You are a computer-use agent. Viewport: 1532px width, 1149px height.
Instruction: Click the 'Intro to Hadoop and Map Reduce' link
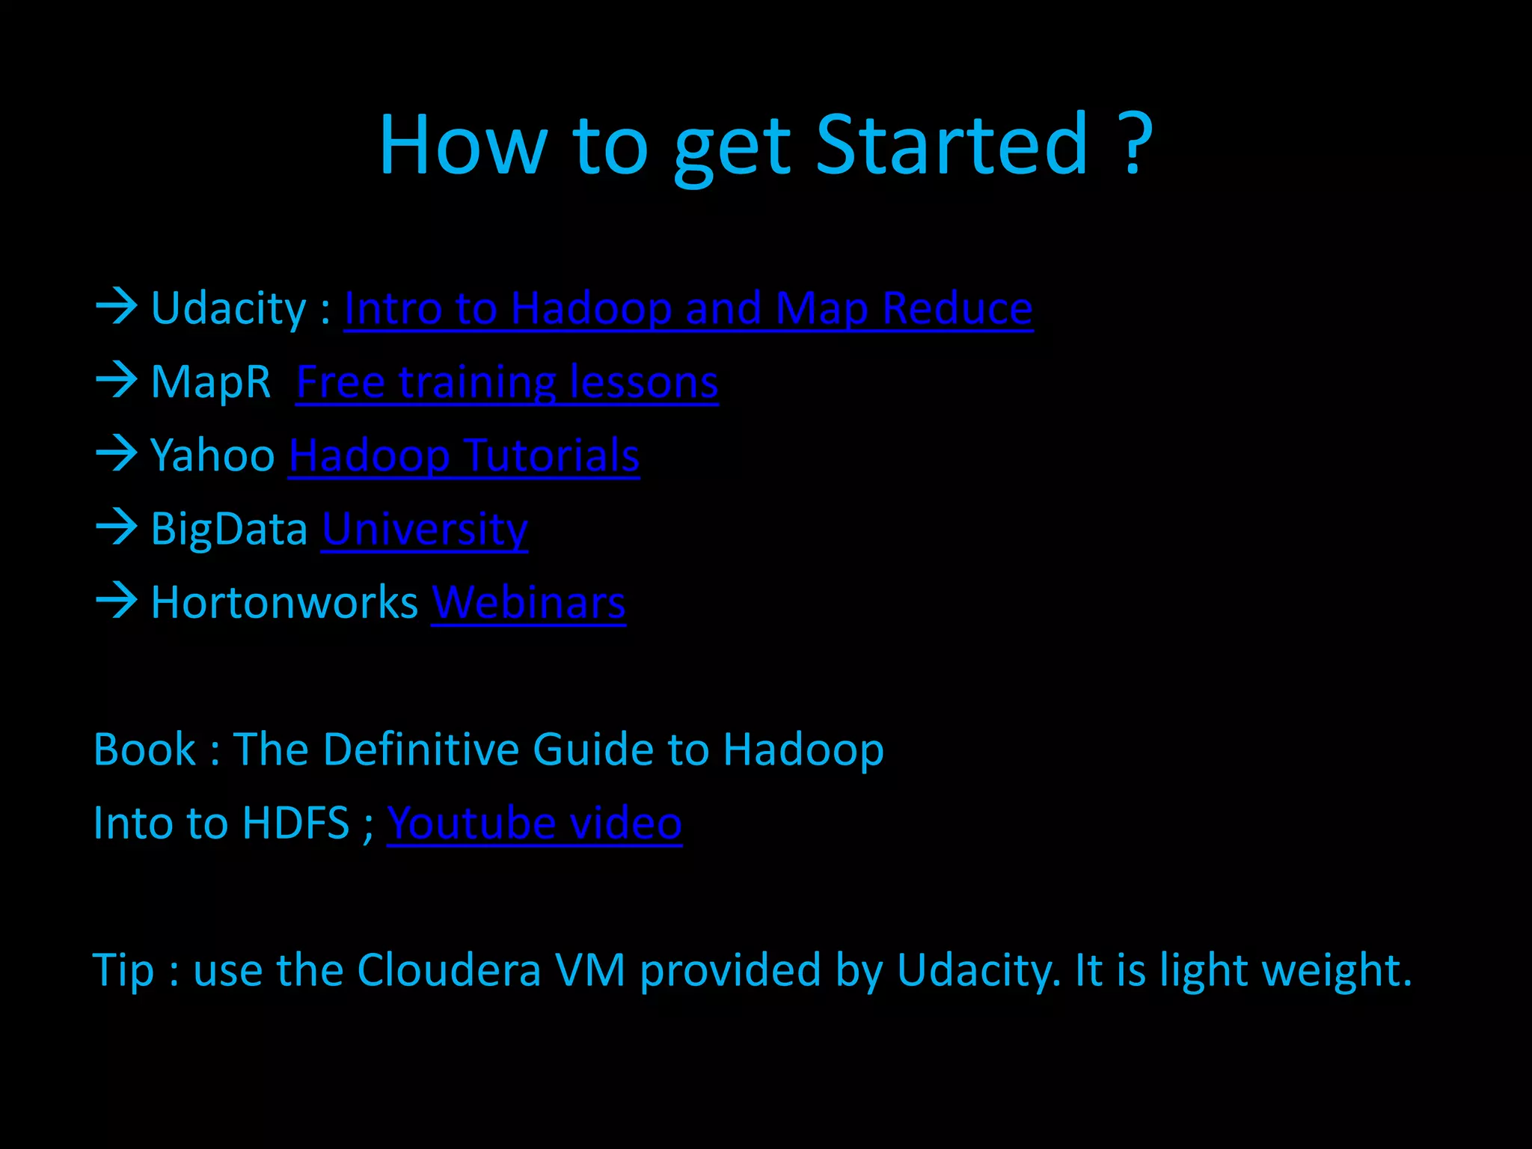coord(688,308)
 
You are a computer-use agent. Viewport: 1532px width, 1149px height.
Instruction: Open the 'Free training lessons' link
coord(507,382)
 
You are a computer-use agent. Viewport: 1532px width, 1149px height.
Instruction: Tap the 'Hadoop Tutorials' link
coord(464,456)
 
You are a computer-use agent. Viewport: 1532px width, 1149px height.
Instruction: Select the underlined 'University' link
coord(425,530)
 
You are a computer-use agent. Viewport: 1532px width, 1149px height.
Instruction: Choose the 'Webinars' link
coord(528,603)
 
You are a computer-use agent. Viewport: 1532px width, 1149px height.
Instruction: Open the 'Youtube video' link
coord(534,824)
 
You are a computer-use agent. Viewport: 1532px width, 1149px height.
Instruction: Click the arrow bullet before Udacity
coord(117,307)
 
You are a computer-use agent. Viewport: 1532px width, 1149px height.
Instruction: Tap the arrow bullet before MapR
coord(117,380)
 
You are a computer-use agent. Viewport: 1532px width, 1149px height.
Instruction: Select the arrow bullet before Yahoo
coord(117,453)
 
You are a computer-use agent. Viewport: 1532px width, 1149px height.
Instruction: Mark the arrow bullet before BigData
coord(117,527)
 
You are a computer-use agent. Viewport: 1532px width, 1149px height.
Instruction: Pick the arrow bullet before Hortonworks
coord(117,601)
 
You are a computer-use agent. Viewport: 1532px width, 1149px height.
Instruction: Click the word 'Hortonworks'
coord(284,603)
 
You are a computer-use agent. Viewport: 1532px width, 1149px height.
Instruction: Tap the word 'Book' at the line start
coord(144,750)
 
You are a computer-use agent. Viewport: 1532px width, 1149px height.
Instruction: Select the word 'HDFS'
coord(296,824)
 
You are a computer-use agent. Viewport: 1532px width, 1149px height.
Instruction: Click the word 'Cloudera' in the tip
coord(449,970)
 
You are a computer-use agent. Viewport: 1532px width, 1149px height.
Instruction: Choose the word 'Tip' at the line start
coord(123,971)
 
